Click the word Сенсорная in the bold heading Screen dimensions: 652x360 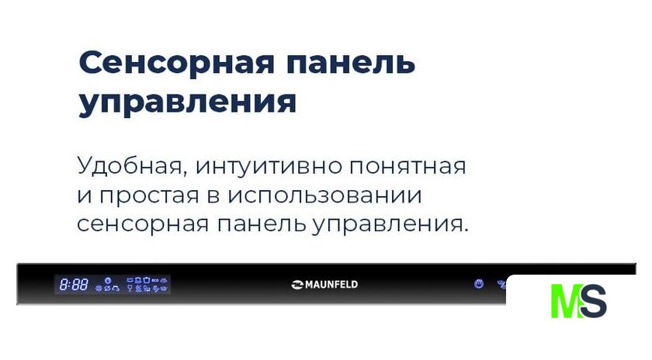176,63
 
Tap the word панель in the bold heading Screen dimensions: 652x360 351,63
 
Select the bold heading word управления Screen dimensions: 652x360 188,102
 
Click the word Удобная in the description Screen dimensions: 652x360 130,166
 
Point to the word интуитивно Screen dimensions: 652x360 269,166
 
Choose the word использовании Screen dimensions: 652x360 324,196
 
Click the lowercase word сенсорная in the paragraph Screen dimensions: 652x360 143,224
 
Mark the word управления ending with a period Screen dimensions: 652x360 390,225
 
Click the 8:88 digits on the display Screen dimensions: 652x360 74,285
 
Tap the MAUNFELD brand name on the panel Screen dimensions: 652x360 331,285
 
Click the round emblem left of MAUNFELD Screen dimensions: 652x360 298,285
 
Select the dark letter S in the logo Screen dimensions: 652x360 593,301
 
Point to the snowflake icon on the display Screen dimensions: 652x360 99,288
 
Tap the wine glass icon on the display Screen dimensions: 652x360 130,288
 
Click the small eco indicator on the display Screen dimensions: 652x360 155,281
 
